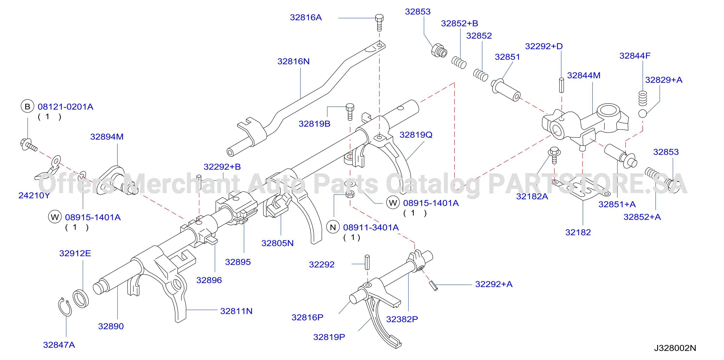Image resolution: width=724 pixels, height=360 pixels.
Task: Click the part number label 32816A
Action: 306,17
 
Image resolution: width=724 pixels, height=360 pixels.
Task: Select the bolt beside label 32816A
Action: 379,23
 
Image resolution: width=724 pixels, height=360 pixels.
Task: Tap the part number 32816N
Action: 293,61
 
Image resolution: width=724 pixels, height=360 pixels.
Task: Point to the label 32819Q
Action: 416,135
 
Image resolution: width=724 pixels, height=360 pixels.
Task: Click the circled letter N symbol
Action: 333,227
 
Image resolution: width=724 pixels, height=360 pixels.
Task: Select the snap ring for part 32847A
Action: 65,307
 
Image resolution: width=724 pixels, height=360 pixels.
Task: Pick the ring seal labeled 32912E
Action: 81,298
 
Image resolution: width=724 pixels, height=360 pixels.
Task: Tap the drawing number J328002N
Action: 675,348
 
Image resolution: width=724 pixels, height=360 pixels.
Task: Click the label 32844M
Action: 584,75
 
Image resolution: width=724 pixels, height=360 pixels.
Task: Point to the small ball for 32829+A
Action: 643,114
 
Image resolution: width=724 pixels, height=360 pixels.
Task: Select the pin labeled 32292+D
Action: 561,85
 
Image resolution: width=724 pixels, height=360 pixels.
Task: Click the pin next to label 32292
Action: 367,262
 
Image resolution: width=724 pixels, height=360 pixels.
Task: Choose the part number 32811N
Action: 236,311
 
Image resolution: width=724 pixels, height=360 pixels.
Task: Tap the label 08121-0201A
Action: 65,106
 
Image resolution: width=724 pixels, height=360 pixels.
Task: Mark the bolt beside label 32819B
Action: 350,112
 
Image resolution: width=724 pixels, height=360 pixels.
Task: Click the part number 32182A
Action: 532,196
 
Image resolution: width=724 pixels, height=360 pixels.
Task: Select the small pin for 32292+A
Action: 433,286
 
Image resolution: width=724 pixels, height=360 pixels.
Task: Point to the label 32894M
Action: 107,137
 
